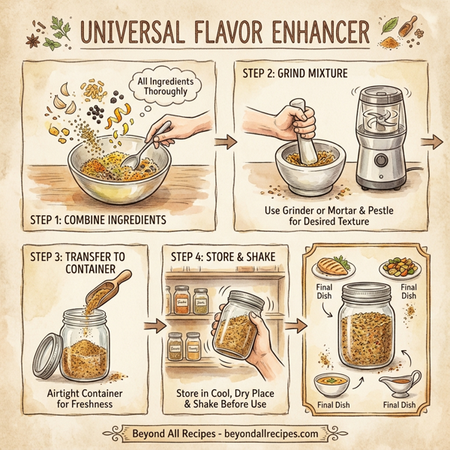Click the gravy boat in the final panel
(400, 385)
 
